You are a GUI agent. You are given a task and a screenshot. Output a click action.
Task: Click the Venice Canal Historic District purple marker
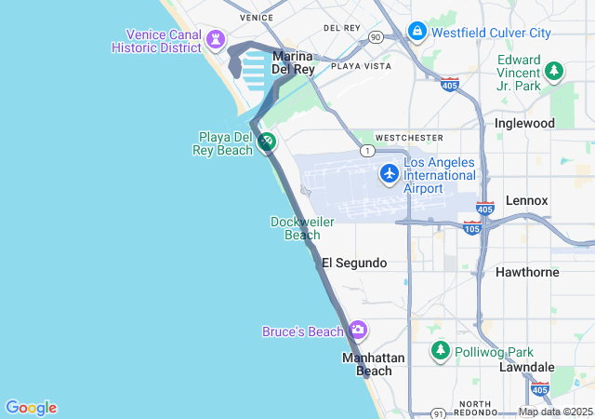pyautogui.click(x=217, y=39)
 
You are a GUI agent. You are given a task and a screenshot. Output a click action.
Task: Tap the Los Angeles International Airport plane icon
pyautogui.click(x=390, y=172)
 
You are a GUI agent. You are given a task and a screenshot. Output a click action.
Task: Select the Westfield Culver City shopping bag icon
pyautogui.click(x=416, y=32)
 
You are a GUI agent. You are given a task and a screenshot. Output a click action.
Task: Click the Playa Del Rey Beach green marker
pyautogui.click(x=267, y=142)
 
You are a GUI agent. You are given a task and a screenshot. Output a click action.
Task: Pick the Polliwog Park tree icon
pyautogui.click(x=440, y=351)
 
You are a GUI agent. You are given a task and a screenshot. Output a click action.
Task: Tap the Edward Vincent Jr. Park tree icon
pyautogui.click(x=554, y=71)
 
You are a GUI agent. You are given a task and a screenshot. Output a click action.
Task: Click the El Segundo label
pyautogui.click(x=353, y=264)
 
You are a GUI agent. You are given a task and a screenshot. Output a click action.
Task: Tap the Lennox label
pyautogui.click(x=526, y=200)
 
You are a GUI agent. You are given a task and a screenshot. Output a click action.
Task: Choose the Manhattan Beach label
pyautogui.click(x=373, y=364)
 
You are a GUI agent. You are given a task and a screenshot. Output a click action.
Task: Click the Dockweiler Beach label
pyautogui.click(x=302, y=228)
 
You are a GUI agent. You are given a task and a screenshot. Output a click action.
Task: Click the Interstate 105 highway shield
pyautogui.click(x=472, y=228)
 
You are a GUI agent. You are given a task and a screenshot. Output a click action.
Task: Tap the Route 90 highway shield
pyautogui.click(x=375, y=37)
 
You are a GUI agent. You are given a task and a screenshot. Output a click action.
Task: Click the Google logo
pyautogui.click(x=31, y=408)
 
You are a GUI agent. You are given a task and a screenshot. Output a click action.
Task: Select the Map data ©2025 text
pyautogui.click(x=555, y=412)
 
